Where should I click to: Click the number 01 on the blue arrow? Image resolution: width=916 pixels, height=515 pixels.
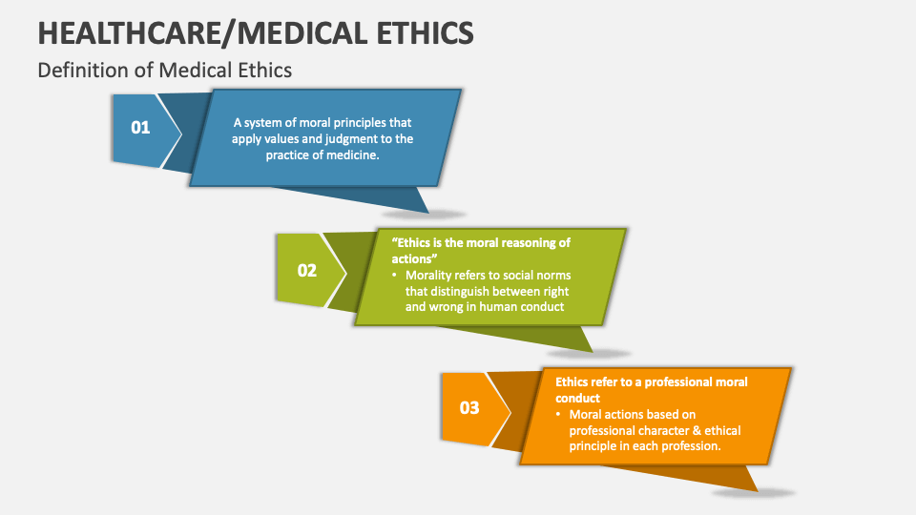(140, 127)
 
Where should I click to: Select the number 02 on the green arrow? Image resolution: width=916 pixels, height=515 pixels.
(306, 270)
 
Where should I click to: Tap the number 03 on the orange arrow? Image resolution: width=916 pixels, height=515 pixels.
(469, 407)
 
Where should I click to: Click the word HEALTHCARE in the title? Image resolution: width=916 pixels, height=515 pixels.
(130, 32)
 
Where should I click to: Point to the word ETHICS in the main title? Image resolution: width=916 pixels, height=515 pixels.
(425, 32)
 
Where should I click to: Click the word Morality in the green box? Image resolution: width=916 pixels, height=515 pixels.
(428, 276)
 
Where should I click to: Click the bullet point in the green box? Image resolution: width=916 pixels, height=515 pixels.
(394, 275)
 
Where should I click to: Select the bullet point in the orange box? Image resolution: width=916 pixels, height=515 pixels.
(558, 413)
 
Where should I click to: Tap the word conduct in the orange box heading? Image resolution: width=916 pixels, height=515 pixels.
(578, 399)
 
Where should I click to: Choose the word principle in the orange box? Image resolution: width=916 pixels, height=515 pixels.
(594, 446)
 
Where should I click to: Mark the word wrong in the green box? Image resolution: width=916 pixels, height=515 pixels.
(446, 307)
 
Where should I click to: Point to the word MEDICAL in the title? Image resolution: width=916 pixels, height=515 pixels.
(302, 32)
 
